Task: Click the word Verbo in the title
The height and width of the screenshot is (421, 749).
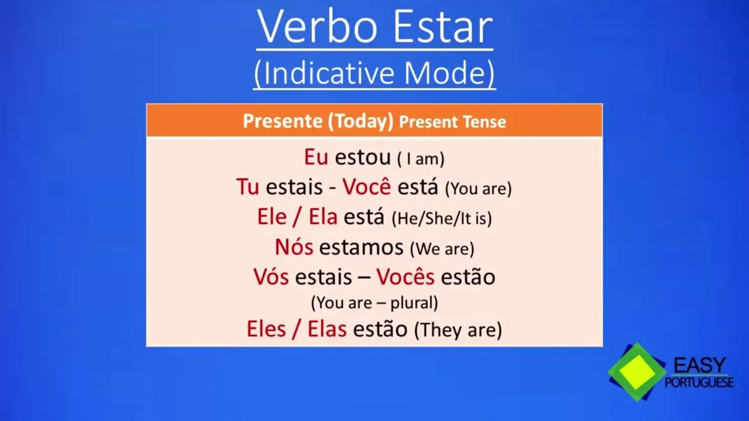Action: click(x=317, y=27)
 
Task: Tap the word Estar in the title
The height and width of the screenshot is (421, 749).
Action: click(x=443, y=27)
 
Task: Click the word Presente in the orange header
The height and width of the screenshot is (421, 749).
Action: click(x=283, y=121)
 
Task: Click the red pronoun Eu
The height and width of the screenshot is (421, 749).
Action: click(x=316, y=157)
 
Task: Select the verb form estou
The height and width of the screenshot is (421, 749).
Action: click(x=363, y=157)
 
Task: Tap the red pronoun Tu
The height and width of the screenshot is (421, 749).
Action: click(x=248, y=187)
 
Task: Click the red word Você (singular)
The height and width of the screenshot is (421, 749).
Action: click(x=366, y=186)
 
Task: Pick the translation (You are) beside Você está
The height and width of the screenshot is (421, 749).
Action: click(x=479, y=188)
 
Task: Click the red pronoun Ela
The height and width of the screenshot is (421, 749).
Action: click(x=322, y=216)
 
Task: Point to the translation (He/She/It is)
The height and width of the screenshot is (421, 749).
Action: click(x=442, y=218)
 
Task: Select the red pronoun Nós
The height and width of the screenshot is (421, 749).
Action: click(x=294, y=247)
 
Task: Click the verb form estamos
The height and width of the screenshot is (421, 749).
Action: click(x=362, y=247)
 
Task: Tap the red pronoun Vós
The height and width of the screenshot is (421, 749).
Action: click(x=271, y=277)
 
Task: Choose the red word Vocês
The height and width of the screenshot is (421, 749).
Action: click(x=406, y=277)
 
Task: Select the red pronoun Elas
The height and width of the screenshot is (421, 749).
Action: click(x=327, y=329)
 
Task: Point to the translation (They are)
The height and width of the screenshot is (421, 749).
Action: click(x=458, y=330)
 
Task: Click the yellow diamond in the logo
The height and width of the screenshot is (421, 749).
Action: click(x=637, y=372)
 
